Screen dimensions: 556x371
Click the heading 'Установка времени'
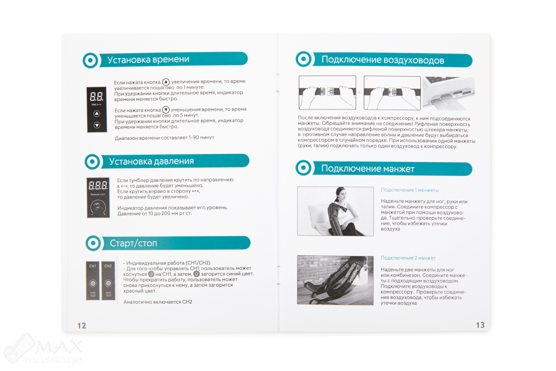click(x=148, y=60)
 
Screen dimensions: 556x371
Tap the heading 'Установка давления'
click(x=152, y=161)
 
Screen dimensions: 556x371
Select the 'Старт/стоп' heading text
click(x=133, y=243)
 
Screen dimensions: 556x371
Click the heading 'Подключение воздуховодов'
click(x=383, y=60)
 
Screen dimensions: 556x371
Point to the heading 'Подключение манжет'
click(x=367, y=169)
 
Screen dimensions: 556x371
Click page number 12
click(x=82, y=326)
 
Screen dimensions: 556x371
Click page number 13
click(x=480, y=325)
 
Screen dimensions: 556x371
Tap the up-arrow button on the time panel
click(x=96, y=114)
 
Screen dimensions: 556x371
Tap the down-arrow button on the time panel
click(x=97, y=125)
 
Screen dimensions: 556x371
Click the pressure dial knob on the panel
click(x=98, y=207)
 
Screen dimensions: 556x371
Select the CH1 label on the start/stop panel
click(x=93, y=266)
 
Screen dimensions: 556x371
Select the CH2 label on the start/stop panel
click(x=108, y=266)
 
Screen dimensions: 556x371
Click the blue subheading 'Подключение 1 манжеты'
click(x=410, y=190)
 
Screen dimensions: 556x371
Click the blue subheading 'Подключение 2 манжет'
click(x=408, y=258)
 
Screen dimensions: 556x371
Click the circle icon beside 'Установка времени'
click(x=90, y=60)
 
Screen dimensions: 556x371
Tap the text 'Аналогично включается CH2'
click(x=158, y=302)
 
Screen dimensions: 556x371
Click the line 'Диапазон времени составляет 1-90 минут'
click(x=164, y=138)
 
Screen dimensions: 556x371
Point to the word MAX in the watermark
click(x=59, y=346)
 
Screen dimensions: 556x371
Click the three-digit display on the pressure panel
click(x=98, y=185)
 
